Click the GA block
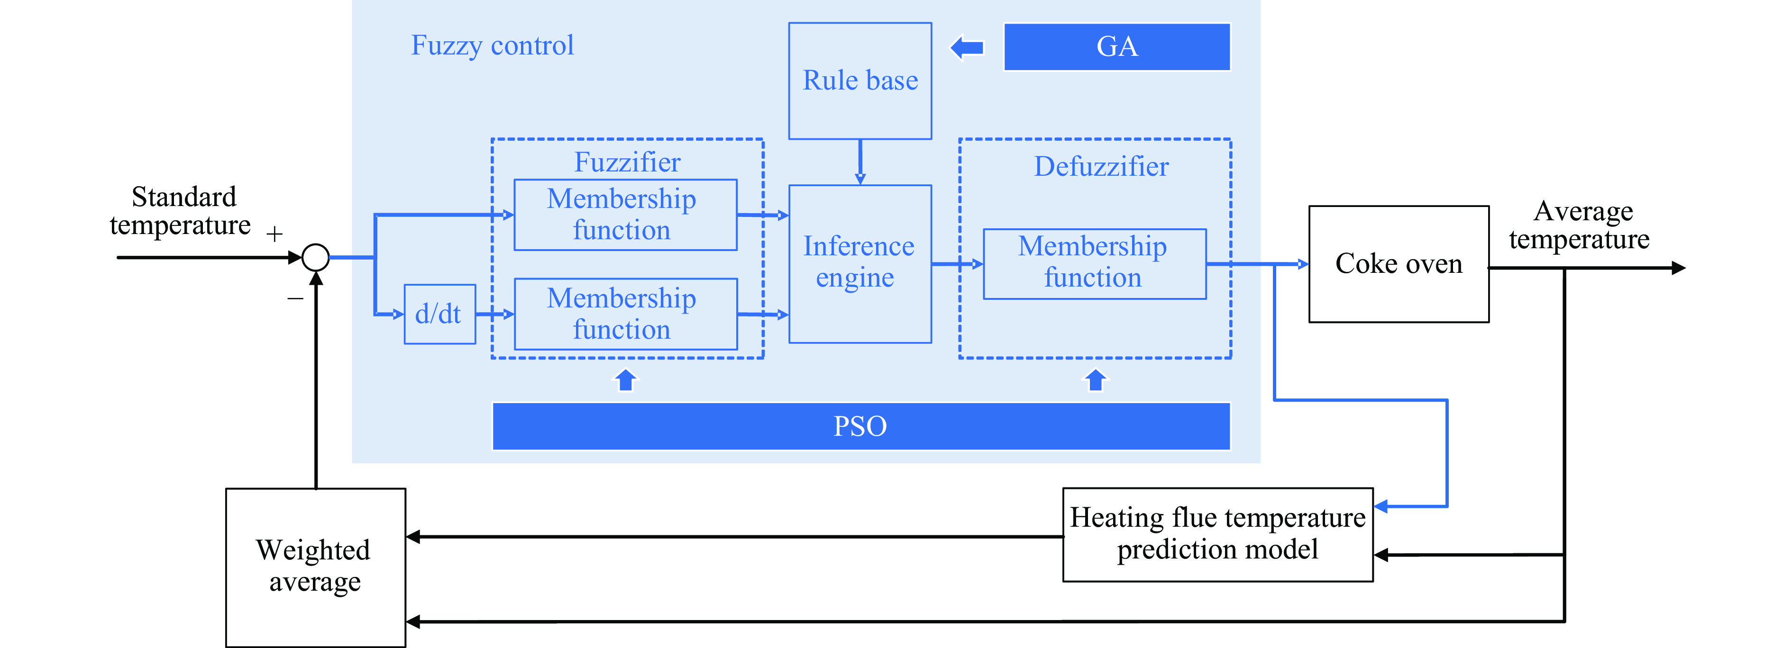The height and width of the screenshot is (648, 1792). point(1116,46)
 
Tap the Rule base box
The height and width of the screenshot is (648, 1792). point(860,81)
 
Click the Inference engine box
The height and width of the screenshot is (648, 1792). point(860,263)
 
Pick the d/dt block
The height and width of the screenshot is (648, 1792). point(439,314)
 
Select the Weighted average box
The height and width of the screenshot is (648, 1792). point(315,567)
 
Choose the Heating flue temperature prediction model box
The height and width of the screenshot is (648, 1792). point(1217,534)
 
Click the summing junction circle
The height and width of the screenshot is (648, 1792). point(316,257)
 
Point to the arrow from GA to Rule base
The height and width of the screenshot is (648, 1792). point(967,48)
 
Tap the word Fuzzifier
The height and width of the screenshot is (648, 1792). point(627,162)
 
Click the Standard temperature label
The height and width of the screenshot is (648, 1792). point(181,211)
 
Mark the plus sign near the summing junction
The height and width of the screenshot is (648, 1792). point(275,234)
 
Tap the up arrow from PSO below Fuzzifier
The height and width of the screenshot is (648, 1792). point(625,379)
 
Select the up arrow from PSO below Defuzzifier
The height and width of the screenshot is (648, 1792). point(1096,379)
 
